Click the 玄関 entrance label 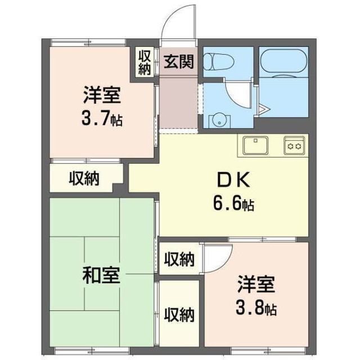(x=179, y=61)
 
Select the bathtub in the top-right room (x=282, y=60)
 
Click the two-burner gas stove (x=295, y=145)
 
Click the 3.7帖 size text (x=102, y=119)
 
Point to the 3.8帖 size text (x=255, y=308)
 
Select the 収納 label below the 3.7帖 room (x=84, y=178)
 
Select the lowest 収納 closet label (x=179, y=314)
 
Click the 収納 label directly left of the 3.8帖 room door (x=179, y=259)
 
